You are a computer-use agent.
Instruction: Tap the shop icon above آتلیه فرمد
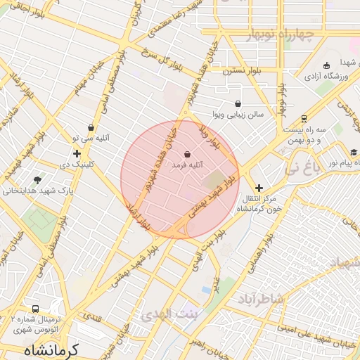(187, 154)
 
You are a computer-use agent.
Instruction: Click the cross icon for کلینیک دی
(77, 153)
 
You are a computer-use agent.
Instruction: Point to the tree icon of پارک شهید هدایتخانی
(37, 180)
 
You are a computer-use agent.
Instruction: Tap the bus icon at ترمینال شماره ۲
(35, 309)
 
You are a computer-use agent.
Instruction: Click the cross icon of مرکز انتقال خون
(259, 188)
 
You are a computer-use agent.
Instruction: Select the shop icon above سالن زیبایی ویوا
(238, 103)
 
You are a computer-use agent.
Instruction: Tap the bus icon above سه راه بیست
(304, 119)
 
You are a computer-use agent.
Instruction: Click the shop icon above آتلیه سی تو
(91, 127)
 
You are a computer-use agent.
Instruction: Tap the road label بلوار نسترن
(222, 71)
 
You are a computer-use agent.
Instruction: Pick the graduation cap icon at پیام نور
(354, 152)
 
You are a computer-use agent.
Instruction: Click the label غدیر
(217, 284)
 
